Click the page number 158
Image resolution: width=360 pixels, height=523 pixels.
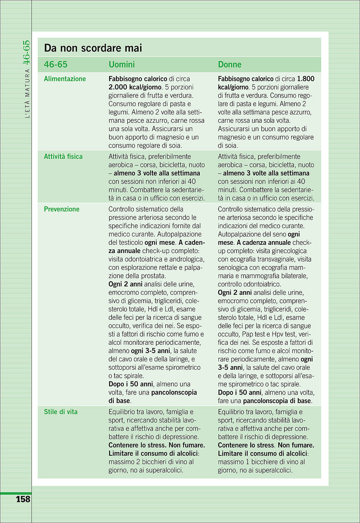(x=23, y=499)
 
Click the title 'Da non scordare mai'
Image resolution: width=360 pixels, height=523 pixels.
(x=93, y=48)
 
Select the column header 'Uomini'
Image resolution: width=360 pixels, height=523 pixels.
(x=122, y=64)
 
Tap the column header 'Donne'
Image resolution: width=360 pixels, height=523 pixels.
(x=230, y=64)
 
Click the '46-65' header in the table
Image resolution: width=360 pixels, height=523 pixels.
(x=55, y=64)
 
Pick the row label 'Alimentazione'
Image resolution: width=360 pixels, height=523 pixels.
(x=65, y=79)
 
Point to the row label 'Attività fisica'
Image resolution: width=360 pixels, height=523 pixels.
(x=63, y=157)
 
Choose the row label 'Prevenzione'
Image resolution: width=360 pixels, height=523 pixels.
(x=62, y=209)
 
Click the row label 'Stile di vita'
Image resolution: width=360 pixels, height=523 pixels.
(x=60, y=412)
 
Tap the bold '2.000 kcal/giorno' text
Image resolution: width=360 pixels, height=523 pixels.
(x=135, y=87)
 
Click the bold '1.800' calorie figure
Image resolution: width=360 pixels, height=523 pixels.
(x=306, y=79)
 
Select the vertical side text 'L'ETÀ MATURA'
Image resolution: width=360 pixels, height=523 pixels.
(x=27, y=94)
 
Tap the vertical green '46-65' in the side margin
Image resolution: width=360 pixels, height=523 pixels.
(x=27, y=53)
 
